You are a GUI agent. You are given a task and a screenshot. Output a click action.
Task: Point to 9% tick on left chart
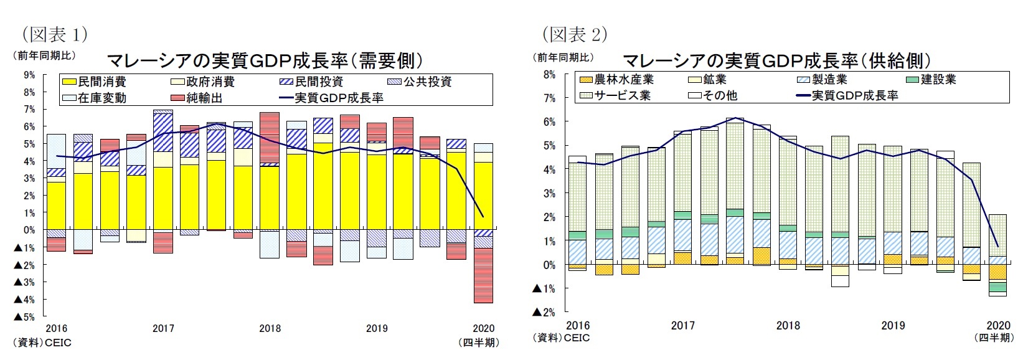(29, 75)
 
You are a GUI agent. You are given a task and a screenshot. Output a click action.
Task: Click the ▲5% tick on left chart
(25, 317)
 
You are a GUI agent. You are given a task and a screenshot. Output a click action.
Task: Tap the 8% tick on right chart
(549, 74)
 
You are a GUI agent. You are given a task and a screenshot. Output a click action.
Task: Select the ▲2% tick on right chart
(544, 312)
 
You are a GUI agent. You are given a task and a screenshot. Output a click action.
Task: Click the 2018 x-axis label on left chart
(270, 328)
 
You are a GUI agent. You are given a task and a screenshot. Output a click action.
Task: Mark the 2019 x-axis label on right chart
(893, 325)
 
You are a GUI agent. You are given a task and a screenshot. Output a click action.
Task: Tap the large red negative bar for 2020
(483, 275)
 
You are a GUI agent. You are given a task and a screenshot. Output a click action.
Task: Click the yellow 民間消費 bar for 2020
(483, 196)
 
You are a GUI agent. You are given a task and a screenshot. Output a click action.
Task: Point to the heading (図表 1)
(54, 33)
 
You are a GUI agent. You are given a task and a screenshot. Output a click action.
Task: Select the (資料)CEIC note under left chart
(42, 343)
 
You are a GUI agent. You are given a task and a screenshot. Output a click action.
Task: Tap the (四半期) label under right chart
(995, 338)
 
